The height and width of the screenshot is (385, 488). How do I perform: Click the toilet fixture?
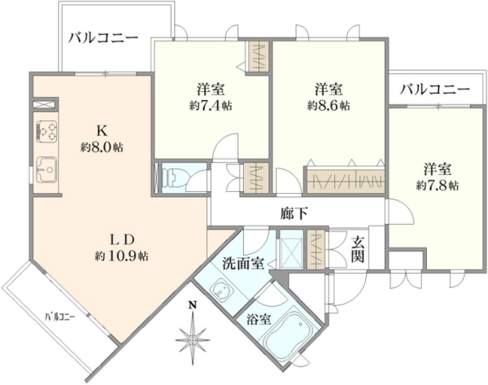[x=171, y=178]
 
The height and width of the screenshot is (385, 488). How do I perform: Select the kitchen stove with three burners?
[x=46, y=130]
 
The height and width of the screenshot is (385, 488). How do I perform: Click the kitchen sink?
[x=46, y=169]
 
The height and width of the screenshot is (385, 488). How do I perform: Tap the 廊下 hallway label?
[x=294, y=214]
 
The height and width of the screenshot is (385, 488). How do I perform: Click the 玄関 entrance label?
[x=358, y=249]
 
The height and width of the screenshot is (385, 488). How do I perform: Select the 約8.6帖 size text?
[x=329, y=106]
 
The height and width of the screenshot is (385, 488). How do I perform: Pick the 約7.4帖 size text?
[x=211, y=106]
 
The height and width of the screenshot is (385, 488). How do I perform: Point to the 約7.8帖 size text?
[x=438, y=186]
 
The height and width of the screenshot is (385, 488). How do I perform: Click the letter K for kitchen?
[x=102, y=131]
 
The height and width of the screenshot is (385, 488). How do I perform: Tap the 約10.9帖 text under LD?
[x=121, y=256]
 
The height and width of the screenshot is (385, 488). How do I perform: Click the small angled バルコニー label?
[x=60, y=317]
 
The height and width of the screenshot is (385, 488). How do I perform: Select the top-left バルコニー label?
[x=103, y=38]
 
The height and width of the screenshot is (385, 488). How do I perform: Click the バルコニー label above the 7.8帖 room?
[x=435, y=90]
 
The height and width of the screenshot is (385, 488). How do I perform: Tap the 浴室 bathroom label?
[x=259, y=319]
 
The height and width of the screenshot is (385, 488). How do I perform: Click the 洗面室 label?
[x=243, y=264]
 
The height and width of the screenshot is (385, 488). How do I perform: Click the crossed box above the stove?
[x=44, y=104]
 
